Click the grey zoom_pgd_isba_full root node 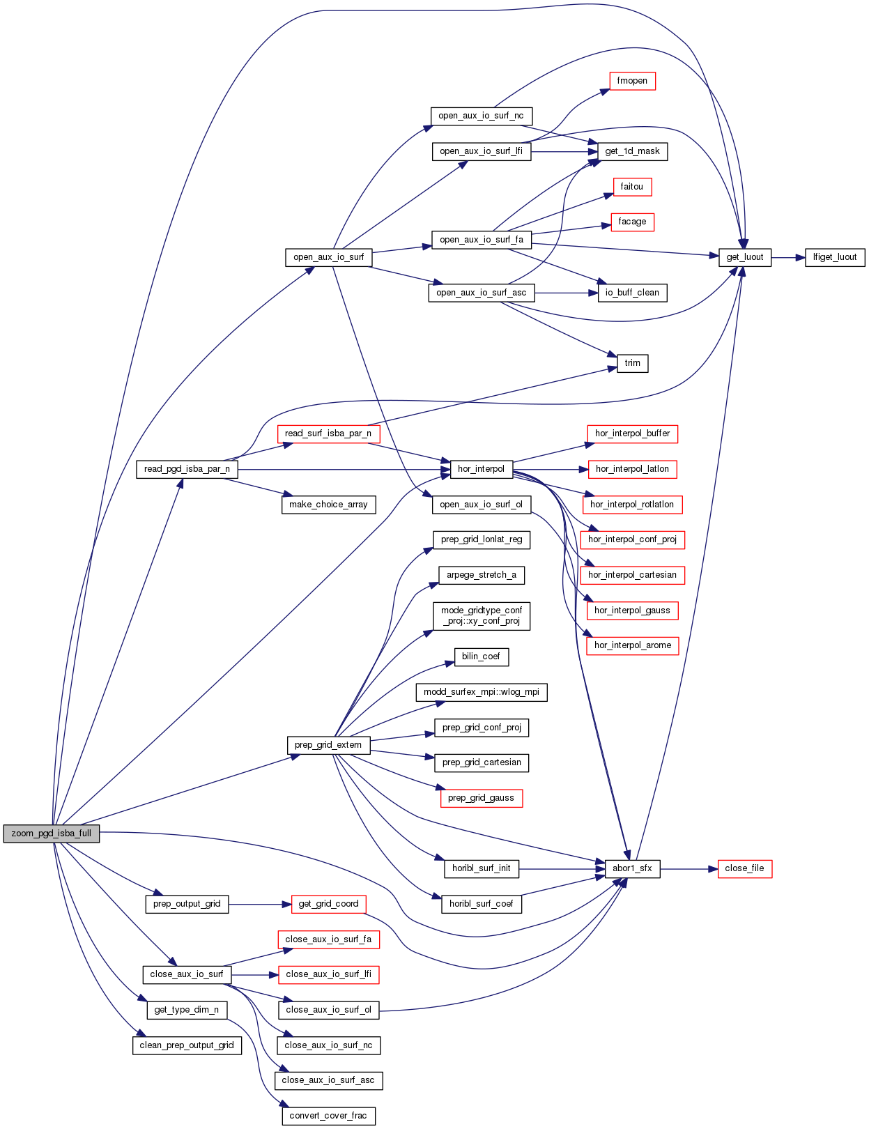tap(52, 834)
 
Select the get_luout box tap(745, 257)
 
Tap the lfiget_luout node tap(835, 257)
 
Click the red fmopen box tap(632, 81)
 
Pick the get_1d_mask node tap(632, 151)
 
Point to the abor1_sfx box tap(632, 868)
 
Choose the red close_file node tap(744, 868)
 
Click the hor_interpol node tap(481, 469)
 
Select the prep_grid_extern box tap(328, 745)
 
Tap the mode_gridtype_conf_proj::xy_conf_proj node tap(482, 616)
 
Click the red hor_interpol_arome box tap(633, 645)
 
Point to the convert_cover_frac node tap(328, 1116)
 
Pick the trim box tap(633, 363)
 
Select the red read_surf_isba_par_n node tap(328, 433)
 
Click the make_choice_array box tap(328, 505)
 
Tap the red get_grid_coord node tap(328, 904)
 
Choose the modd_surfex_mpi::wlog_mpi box tap(482, 692)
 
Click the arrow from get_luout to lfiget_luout tap(788, 257)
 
